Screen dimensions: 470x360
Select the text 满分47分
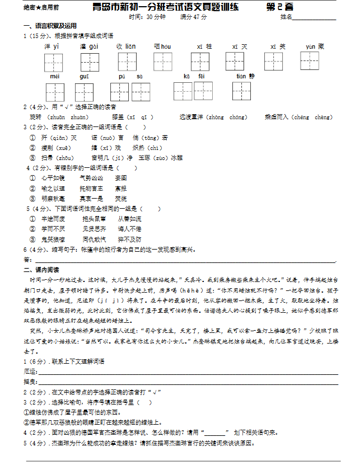194,17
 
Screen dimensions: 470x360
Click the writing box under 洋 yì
54,62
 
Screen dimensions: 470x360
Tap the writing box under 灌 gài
90,62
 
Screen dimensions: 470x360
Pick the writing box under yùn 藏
309,60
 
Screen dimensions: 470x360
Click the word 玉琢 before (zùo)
144,158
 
